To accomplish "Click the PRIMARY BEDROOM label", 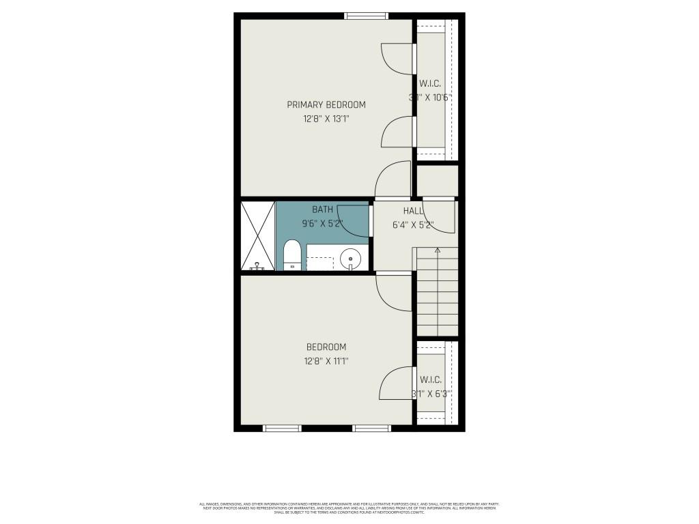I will tap(326, 105).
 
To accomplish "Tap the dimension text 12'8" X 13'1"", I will tap(326, 119).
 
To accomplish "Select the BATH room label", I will tap(323, 209).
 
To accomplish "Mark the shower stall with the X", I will tap(257, 235).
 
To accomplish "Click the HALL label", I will tap(413, 211).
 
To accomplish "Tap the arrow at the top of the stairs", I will tap(438, 250).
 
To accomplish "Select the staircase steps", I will tap(437, 293).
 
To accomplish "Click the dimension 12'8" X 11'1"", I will tap(326, 361).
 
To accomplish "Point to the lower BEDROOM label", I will tap(326, 347).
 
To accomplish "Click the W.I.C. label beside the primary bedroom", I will tap(430, 83).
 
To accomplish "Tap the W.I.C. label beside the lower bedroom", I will tap(431, 379).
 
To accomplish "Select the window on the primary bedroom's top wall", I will tap(366, 16).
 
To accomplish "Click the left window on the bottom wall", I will tap(282, 428).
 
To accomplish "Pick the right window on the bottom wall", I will tap(371, 428).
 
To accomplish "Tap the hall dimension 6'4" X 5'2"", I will tap(413, 224).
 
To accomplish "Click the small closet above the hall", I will tap(437, 181).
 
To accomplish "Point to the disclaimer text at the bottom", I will tap(349, 508).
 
